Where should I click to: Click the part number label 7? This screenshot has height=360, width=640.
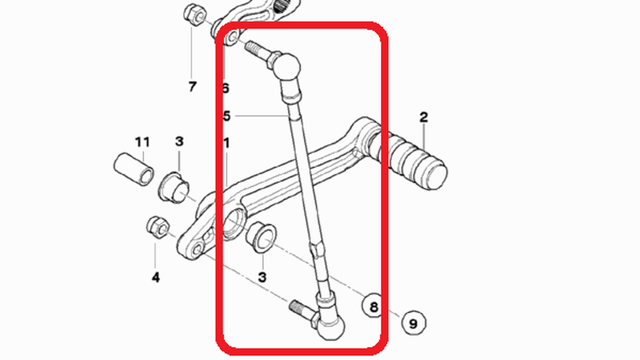tap(192, 87)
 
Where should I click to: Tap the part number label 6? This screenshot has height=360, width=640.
tap(226, 88)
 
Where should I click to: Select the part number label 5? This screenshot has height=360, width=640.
tap(227, 116)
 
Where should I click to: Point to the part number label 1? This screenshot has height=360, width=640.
tap(227, 143)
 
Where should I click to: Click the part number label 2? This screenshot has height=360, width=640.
tap(424, 117)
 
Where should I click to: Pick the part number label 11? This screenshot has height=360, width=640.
tap(142, 142)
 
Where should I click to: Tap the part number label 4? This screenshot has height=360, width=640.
tap(156, 277)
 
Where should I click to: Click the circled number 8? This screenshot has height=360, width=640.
tap(374, 306)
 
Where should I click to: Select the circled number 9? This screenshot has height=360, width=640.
tap(413, 323)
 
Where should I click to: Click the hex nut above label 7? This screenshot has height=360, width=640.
tap(195, 14)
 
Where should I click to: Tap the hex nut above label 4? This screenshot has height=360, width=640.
tap(158, 227)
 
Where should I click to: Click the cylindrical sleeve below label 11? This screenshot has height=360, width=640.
tap(134, 169)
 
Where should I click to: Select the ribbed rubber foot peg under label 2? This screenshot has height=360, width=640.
tap(417, 162)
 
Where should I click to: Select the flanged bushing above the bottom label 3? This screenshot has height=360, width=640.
tap(261, 237)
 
